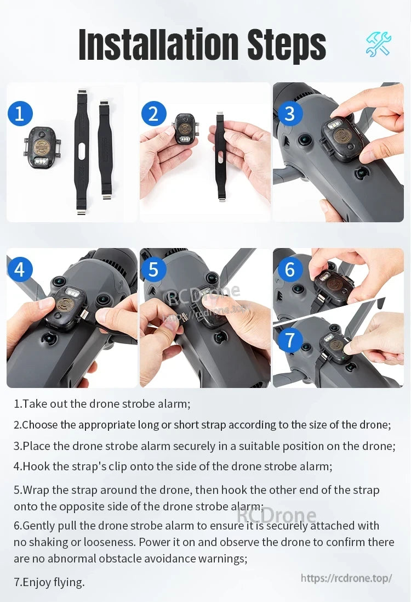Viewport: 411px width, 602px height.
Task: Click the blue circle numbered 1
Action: click(20, 114)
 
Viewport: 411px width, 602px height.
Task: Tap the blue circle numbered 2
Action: click(154, 114)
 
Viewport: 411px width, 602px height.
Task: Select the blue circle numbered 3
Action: click(289, 114)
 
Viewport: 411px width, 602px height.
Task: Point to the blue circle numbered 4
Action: click(20, 269)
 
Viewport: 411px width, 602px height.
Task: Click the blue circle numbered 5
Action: click(154, 269)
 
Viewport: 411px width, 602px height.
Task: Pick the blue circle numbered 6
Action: click(289, 269)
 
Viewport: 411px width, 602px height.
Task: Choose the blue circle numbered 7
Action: click(289, 340)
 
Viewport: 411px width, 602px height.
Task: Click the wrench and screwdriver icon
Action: click(379, 44)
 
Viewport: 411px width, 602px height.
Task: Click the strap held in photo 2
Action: click(221, 156)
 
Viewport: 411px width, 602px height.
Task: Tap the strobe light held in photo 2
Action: click(185, 130)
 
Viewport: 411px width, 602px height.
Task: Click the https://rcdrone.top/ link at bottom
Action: click(346, 578)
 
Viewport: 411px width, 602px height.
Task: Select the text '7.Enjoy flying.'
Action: click(49, 582)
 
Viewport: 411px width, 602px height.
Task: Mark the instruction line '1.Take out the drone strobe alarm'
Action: click(102, 404)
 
